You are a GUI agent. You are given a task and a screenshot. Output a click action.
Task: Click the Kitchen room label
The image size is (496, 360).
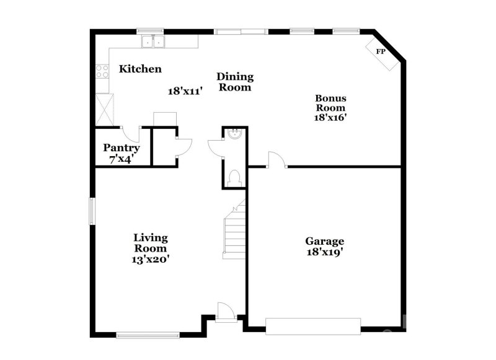point(140,69)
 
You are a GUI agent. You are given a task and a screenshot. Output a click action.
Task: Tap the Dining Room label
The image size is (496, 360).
point(235,82)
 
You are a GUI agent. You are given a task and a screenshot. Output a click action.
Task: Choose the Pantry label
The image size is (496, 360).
point(121,148)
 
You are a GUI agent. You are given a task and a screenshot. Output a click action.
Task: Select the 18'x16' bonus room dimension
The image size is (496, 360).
point(331,118)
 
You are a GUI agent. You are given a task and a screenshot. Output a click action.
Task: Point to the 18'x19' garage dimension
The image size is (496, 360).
point(324,252)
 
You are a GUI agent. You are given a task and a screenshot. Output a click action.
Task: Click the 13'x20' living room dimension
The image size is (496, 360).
point(151,260)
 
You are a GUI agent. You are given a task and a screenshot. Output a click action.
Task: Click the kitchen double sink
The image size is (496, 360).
point(153,42)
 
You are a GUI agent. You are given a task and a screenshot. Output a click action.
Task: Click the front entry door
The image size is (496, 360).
point(226,311)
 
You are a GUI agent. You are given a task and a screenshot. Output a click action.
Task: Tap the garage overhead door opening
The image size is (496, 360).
point(313,326)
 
